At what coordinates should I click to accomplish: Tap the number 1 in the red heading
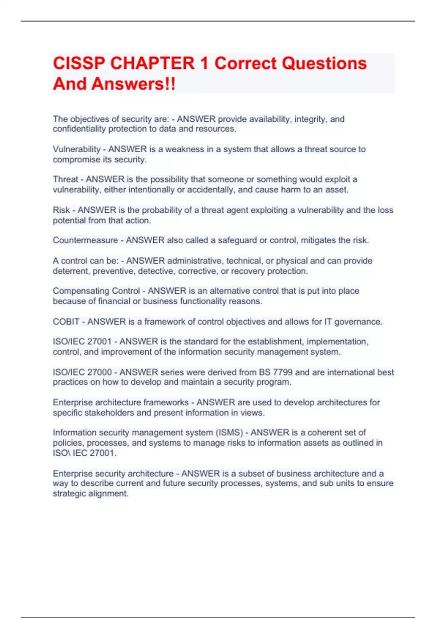click(x=204, y=63)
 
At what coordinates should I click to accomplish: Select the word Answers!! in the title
click(x=133, y=84)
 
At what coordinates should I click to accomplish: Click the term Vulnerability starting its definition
click(x=76, y=149)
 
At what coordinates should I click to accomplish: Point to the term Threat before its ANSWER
click(x=65, y=179)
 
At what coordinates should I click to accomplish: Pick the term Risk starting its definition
click(x=61, y=210)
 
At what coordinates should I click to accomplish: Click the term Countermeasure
click(x=85, y=240)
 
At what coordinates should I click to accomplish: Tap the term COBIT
click(x=66, y=322)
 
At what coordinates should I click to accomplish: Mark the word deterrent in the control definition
click(x=71, y=271)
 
